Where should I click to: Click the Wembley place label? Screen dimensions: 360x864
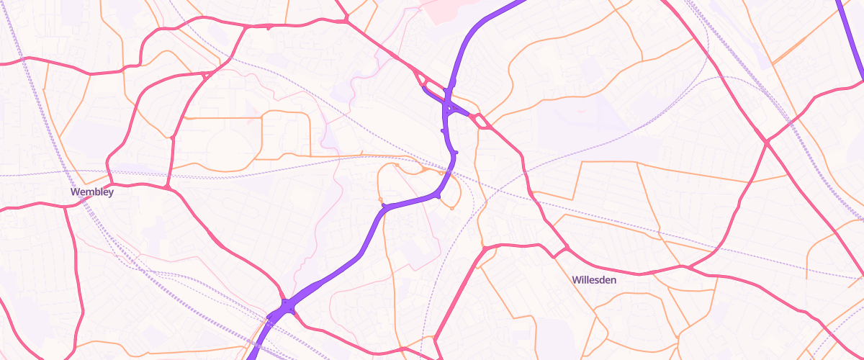92,192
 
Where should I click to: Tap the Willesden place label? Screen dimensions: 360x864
594,279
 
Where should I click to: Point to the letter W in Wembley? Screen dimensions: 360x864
75,192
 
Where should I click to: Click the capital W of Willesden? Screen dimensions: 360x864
576,279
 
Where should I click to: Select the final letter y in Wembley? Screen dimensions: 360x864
110,194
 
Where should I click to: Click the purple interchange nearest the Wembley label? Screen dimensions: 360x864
284,308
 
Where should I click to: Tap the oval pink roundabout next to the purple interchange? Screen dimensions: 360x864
480,121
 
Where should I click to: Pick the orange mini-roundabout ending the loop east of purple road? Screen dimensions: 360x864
451,208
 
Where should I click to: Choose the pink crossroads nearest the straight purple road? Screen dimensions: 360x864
768,143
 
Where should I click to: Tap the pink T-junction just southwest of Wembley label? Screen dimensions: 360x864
66,206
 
